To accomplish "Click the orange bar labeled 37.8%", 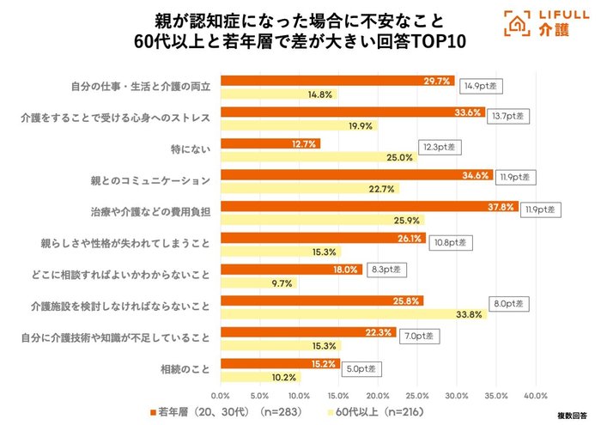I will [x=369, y=208].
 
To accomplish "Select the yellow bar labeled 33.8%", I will [x=352, y=314].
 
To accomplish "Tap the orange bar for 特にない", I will [x=270, y=143].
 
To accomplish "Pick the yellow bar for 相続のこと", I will [x=260, y=376].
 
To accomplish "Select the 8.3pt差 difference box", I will [x=384, y=270].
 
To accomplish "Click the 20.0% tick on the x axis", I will [x=378, y=395].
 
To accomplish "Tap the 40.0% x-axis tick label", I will [x=536, y=395].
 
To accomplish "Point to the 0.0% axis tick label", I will [x=221, y=395].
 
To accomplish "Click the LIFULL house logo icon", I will [x=516, y=25].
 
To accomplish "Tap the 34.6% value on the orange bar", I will [x=475, y=175].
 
